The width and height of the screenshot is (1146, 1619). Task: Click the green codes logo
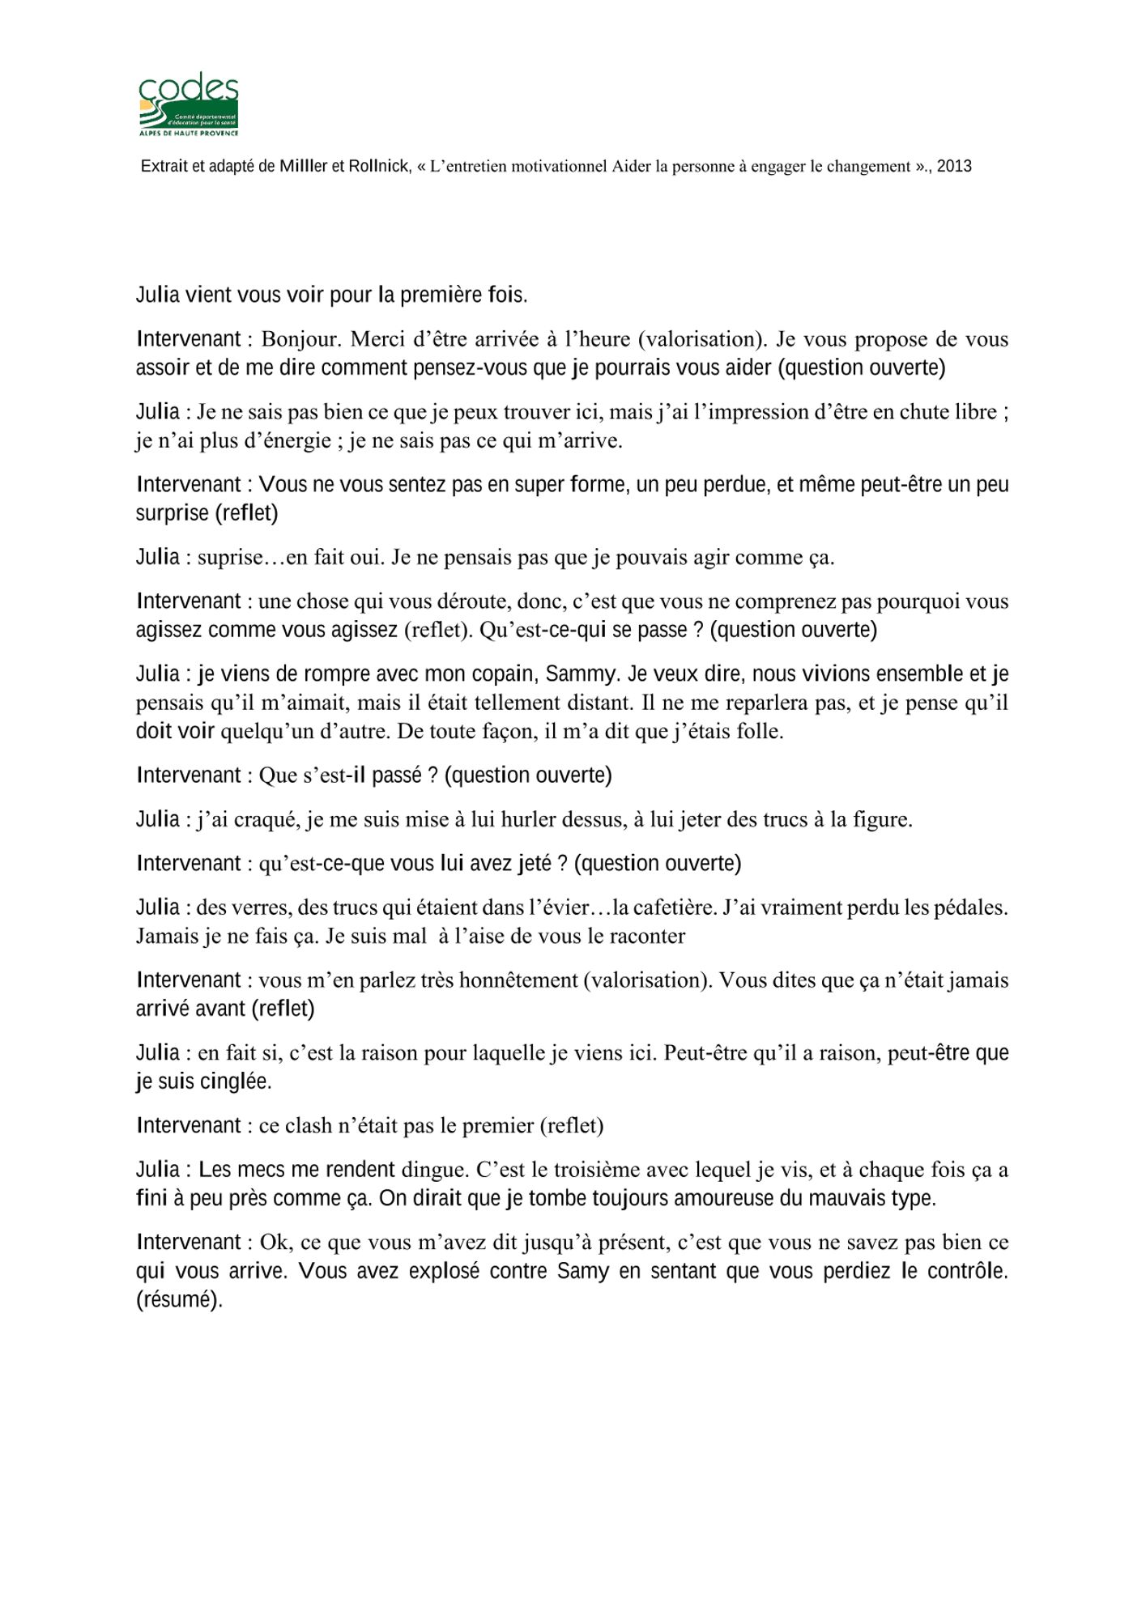coord(189,105)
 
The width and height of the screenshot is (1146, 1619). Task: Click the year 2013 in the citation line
coord(954,167)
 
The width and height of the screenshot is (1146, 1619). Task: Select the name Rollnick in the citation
coord(378,167)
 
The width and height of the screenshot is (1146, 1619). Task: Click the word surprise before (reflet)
coord(172,513)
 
